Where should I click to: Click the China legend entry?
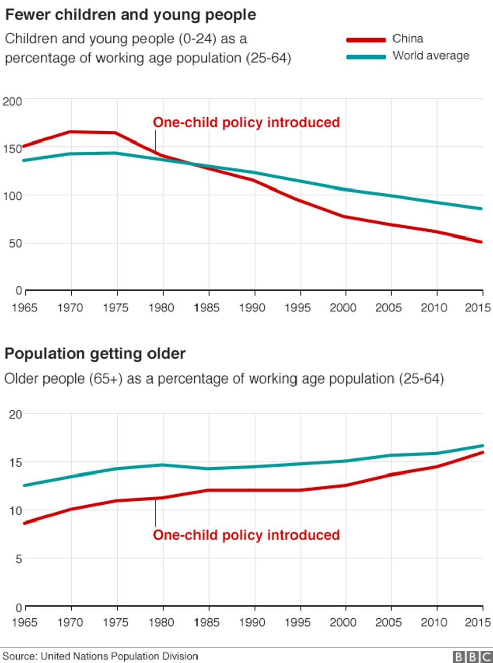tap(407, 39)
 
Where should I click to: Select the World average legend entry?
tap(430, 56)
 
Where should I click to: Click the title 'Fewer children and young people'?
tap(130, 15)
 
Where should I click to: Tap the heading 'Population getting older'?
tap(95, 353)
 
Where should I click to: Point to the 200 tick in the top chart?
tap(12, 101)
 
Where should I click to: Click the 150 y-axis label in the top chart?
tap(12, 149)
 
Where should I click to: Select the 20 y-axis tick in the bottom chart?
tap(16, 415)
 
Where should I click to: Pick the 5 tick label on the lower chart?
tap(18, 559)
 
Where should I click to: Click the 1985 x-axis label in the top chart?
tap(206, 307)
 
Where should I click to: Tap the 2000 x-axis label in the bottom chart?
tap(343, 622)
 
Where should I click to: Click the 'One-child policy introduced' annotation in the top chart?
tap(246, 122)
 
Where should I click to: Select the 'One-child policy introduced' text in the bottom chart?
tap(246, 535)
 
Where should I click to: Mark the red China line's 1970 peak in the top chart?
tap(71, 132)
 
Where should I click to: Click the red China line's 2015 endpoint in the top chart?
tap(481, 242)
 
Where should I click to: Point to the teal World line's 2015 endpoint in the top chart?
tap(481, 208)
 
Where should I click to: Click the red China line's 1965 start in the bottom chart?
tap(24, 523)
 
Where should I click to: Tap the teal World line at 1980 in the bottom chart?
tap(162, 465)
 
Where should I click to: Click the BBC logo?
tap(472, 656)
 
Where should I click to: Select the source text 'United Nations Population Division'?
tap(119, 656)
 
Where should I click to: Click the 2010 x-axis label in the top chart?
tap(433, 307)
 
